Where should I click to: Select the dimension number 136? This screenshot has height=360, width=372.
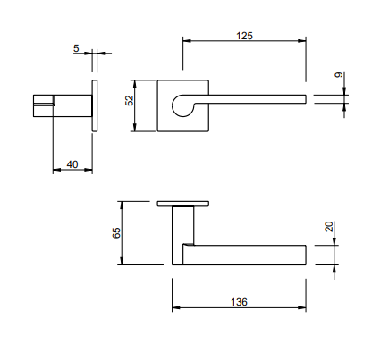click(238, 301)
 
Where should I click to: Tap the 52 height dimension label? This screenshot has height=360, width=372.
click(129, 101)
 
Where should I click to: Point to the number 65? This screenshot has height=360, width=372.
click(116, 232)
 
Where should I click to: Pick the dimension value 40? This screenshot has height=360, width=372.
click(72, 163)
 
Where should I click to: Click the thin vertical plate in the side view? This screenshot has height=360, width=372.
click(94, 106)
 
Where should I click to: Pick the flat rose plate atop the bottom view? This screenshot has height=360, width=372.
click(184, 204)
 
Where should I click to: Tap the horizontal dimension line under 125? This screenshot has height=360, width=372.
click(245, 41)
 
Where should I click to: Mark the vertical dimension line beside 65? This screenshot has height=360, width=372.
click(123, 233)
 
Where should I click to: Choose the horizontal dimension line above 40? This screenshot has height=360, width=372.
click(72, 169)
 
